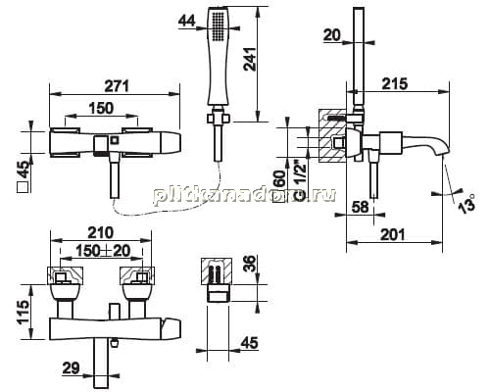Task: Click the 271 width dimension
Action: (117, 85)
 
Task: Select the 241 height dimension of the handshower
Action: (251, 60)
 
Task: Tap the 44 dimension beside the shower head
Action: (187, 21)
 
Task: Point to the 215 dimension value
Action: (395, 83)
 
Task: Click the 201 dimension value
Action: (392, 234)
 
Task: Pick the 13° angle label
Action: (465, 204)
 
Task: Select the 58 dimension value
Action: (361, 207)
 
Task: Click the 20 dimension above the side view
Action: (332, 34)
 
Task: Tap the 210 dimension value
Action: (101, 233)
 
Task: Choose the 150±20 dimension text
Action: (103, 251)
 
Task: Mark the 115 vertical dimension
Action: (24, 313)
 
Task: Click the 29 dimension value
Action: (72, 368)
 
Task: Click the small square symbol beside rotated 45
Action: (24, 188)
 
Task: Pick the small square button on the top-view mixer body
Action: (115, 140)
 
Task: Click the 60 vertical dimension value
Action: (281, 179)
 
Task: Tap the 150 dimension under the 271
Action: (101, 108)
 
